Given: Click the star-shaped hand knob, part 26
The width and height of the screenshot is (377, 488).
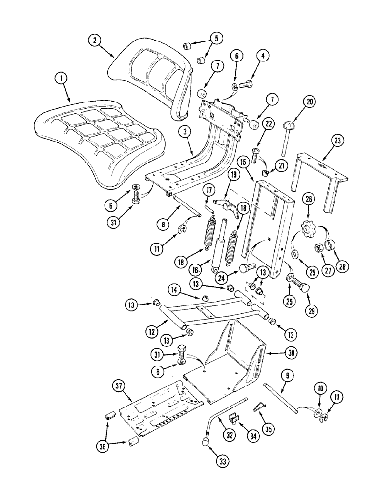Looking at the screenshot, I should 308,228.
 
